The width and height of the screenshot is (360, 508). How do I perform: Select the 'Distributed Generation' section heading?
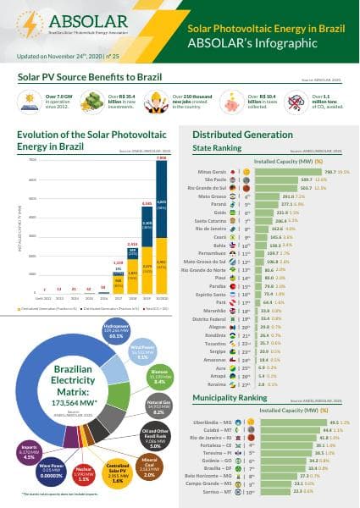[239, 135]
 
